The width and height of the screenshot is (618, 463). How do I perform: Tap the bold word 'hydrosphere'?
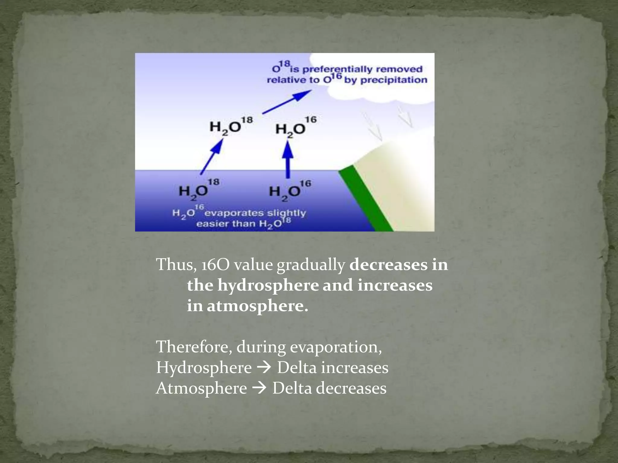coord(268,285)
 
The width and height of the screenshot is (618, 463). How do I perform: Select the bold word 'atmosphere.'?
coord(257,306)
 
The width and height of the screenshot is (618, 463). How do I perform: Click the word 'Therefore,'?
coord(194,347)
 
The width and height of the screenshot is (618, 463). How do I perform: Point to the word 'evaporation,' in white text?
coord(336,347)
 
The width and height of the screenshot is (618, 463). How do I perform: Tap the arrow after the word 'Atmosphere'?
coord(259,388)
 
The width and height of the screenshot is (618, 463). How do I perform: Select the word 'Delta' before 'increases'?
coord(297,367)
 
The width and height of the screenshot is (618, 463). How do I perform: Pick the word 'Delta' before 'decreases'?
coord(292,388)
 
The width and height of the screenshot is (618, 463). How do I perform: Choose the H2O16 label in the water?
coord(289,190)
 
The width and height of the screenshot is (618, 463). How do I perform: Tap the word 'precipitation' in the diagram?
coord(394,80)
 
